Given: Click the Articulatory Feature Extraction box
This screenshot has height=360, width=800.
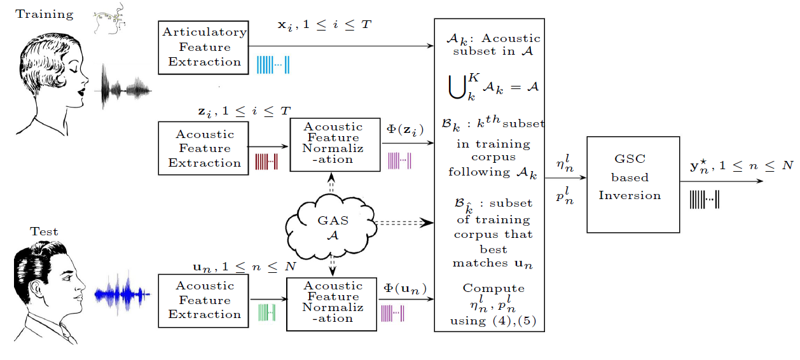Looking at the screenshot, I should [x=203, y=48].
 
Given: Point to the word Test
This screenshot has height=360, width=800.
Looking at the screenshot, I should [x=45, y=232].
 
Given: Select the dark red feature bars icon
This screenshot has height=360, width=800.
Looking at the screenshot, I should [x=266, y=162].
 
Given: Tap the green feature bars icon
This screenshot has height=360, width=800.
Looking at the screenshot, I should [x=266, y=312].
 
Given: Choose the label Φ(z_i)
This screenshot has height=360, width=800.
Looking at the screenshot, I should [x=405, y=130].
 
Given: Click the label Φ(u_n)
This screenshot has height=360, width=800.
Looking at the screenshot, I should [x=405, y=289].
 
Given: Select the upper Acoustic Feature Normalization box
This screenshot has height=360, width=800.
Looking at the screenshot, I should [x=334, y=144].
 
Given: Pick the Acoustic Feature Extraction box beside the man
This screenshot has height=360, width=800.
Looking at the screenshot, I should [x=204, y=300].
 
